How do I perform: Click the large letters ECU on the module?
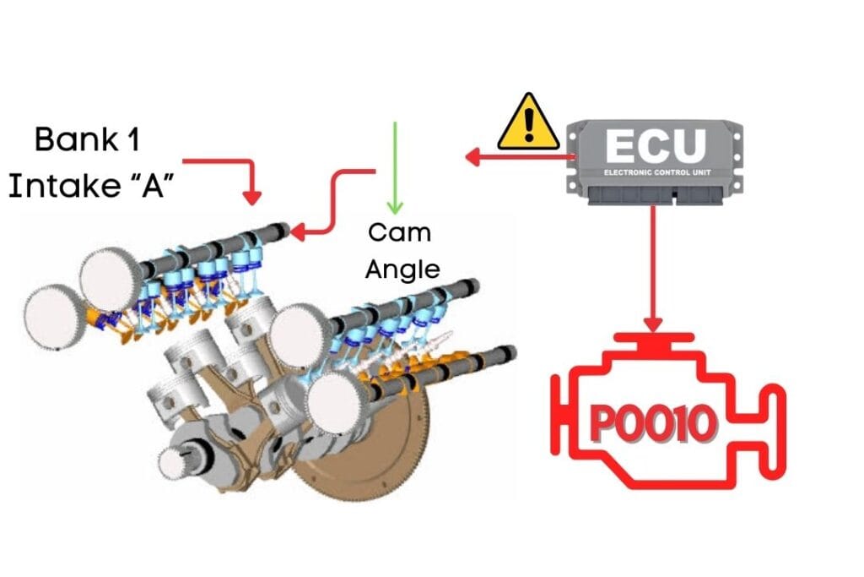point(655,145)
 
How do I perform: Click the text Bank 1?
point(87,139)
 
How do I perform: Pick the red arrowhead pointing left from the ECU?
point(472,157)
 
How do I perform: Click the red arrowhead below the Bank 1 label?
point(251,197)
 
